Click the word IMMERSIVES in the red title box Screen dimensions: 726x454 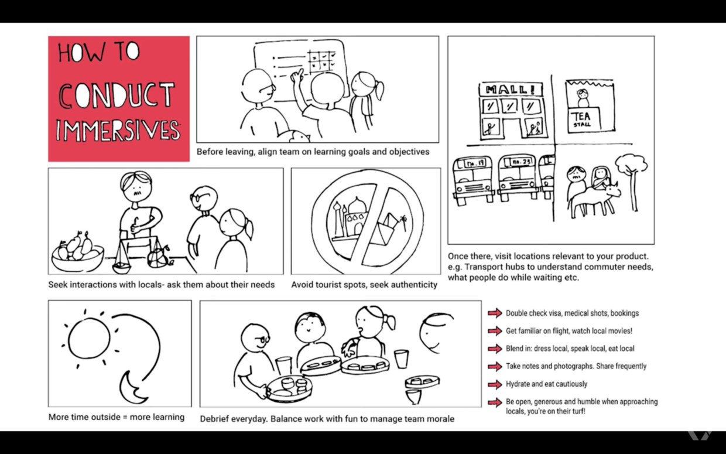(x=118, y=131)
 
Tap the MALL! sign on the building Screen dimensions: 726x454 (x=511, y=90)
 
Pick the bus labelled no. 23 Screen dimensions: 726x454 (x=518, y=177)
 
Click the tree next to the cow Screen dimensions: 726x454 (x=632, y=182)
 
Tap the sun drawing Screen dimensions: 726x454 (x=89, y=338)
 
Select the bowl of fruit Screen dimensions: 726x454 (x=78, y=252)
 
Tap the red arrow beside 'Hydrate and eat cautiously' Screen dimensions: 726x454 (x=495, y=384)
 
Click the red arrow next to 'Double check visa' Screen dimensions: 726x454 (x=495, y=313)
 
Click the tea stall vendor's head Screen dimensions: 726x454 (x=583, y=94)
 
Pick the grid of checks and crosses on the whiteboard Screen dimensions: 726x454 (x=321, y=61)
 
